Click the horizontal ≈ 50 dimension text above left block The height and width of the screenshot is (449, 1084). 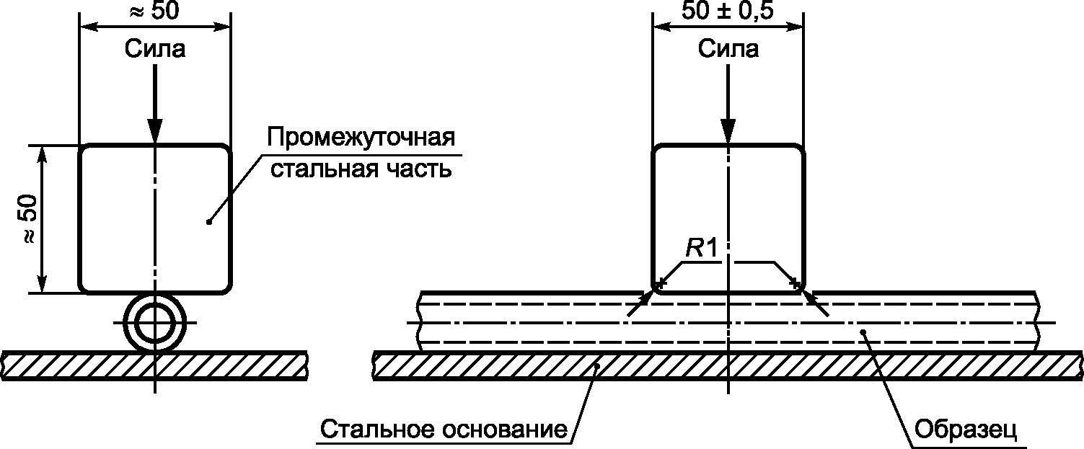(x=155, y=11)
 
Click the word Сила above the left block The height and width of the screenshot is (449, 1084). (x=155, y=49)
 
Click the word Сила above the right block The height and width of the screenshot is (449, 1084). (x=728, y=49)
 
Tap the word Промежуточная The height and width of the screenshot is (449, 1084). (x=361, y=138)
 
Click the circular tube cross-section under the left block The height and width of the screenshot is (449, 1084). (x=154, y=323)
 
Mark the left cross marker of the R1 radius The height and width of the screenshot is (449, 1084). (x=658, y=283)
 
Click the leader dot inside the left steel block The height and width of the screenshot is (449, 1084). (x=208, y=221)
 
